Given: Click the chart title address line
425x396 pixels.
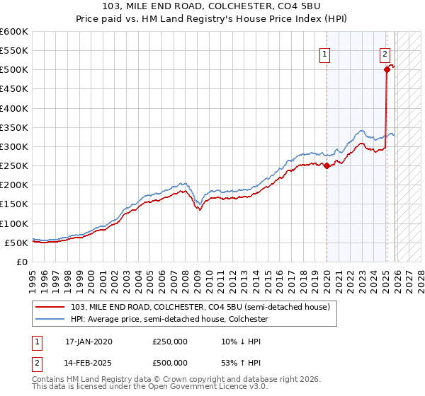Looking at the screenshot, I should click(212, 6).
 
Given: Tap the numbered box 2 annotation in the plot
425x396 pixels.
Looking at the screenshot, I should click(385, 53).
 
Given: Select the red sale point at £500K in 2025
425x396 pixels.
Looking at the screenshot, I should click(387, 69).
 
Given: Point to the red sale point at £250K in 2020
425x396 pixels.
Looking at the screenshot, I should click(327, 165).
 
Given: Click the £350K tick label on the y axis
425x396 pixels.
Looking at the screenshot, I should click(14, 128).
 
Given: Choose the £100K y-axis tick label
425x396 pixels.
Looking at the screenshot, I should click(14, 223).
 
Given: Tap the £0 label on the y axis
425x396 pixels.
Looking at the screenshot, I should click(21, 262).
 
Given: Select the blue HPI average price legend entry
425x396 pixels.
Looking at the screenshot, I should click(169, 320).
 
